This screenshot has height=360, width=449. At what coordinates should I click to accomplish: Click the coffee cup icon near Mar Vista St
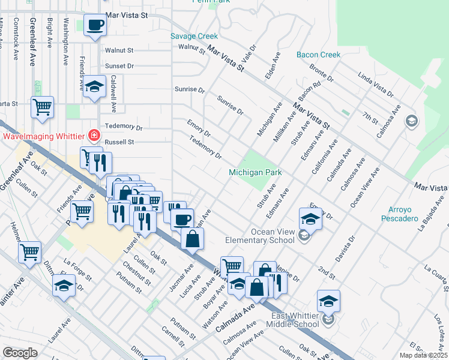[95, 26]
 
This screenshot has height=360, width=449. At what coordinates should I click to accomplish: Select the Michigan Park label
[255, 173]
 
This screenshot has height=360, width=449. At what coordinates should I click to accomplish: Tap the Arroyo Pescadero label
[399, 214]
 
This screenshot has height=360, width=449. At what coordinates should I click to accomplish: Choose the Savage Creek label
[194, 36]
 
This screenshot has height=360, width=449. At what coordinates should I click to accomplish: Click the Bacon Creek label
[318, 55]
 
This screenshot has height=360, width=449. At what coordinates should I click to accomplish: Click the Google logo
[20, 353]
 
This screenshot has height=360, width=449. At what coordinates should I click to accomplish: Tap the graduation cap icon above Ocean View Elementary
[310, 218]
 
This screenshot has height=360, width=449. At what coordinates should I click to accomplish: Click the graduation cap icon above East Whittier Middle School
[328, 301]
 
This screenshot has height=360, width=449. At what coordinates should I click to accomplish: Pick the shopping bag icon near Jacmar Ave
[192, 238]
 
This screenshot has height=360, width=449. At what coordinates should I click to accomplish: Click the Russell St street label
[119, 142]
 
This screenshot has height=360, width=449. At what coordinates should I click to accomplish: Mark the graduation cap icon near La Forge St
[64, 287]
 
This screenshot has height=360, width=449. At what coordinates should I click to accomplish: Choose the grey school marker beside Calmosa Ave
[411, 122]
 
